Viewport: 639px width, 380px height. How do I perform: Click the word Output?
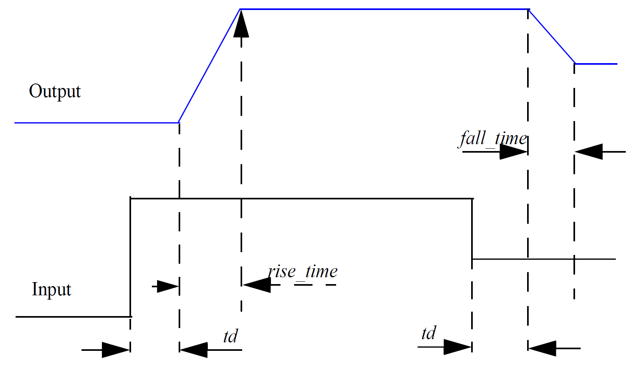pos(55,92)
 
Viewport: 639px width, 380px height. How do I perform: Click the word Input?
pos(51,289)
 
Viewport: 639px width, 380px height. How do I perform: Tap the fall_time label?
pos(493,139)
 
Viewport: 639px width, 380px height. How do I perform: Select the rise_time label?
pos(303,272)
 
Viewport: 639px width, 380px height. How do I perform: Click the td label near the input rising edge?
pos(231,336)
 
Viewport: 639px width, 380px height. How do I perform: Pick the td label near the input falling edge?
pos(429,333)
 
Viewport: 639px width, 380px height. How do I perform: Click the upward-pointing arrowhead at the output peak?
pos(241,24)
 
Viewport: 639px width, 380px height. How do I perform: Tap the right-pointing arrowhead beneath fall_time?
pos(513,152)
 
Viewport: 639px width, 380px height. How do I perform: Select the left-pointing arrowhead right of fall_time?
pos(589,152)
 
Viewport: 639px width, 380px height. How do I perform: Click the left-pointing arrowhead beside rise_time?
pos(257,285)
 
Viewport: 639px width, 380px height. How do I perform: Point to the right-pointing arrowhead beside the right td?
pos(457,347)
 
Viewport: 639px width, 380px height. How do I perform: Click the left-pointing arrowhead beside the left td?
pos(194,350)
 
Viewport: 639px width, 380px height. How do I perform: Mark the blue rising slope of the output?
pos(209,66)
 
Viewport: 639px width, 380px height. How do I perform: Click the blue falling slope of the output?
pos(551,36)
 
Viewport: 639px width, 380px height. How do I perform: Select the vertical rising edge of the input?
pos(130,256)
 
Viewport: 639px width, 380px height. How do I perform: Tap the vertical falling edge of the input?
pos(472,228)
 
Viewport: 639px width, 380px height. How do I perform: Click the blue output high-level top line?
pos(384,9)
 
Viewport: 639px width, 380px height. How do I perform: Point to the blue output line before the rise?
pos(96,123)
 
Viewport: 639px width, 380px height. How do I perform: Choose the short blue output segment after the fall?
pos(596,64)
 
